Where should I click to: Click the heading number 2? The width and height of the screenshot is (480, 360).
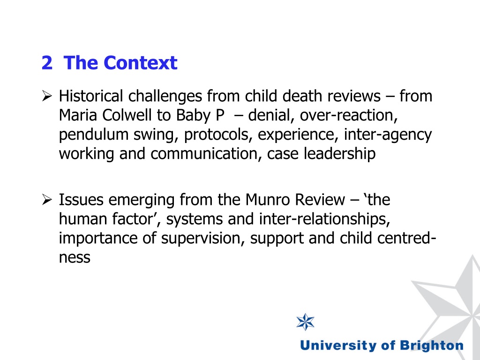pyautogui.click(x=46, y=63)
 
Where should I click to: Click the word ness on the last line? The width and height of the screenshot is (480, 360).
pyautogui.click(x=74, y=257)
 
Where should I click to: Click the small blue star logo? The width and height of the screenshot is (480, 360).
pyautogui.click(x=306, y=322)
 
